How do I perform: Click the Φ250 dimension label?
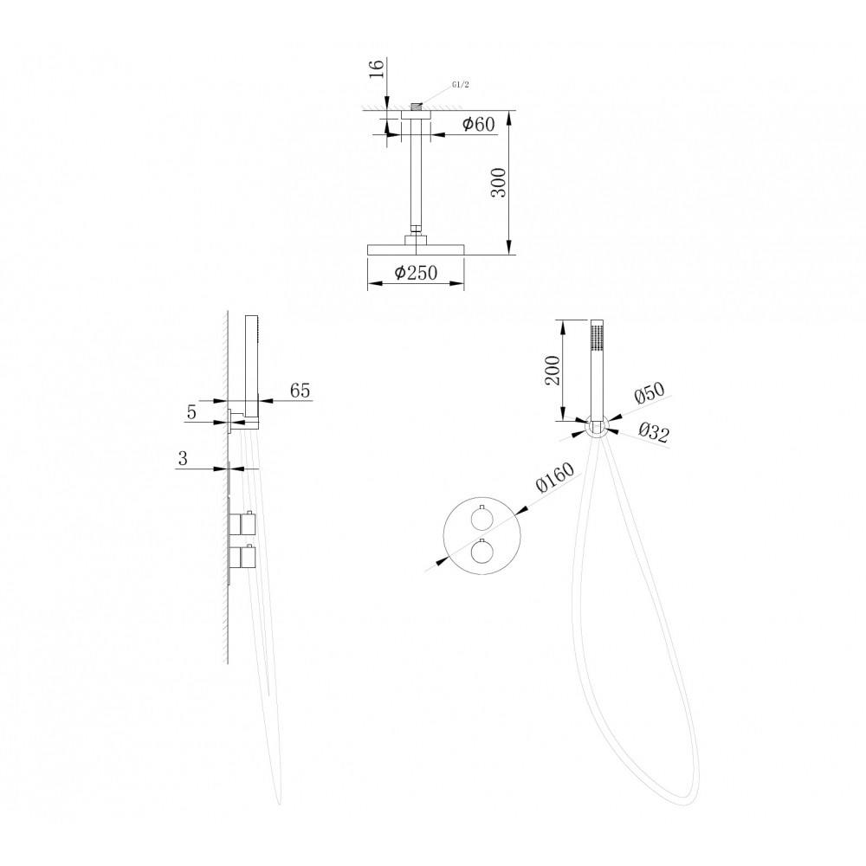[x=416, y=272]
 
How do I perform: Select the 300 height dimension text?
[x=498, y=182]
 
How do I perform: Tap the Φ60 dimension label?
[x=478, y=124]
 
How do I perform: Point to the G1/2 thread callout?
[x=460, y=85]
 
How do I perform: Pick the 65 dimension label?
[x=300, y=391]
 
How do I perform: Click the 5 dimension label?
[x=191, y=412]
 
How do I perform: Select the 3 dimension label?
[x=183, y=458]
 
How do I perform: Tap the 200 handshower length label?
[x=553, y=370]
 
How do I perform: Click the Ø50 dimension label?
[x=650, y=393]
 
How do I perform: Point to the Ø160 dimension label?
[x=555, y=477]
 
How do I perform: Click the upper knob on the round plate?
[x=482, y=519]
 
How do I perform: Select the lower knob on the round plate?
[x=482, y=552]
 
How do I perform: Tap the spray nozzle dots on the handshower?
[x=596, y=337]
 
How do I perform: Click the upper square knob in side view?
[x=243, y=522]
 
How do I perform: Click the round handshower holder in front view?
[x=596, y=428]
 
